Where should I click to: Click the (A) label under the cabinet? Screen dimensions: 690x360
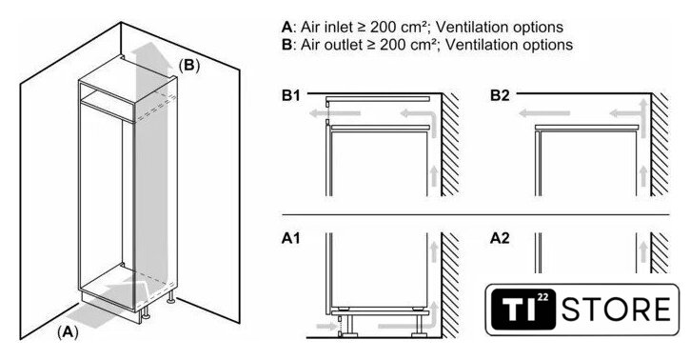coord(68,331)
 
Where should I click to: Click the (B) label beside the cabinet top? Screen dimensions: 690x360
coord(189,66)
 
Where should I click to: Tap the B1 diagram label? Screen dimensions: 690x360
coord(290,95)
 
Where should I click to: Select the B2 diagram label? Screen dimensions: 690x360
coord(500,95)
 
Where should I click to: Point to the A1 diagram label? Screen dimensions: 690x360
coord(290,238)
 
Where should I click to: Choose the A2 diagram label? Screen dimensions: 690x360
coord(500,238)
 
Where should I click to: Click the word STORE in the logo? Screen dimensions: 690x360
coord(616,310)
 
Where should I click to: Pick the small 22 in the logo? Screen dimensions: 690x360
coord(543,298)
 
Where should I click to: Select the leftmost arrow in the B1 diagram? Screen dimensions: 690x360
coord(334,113)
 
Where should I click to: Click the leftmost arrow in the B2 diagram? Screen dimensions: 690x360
coord(544,113)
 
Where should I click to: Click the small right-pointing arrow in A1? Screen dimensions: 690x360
coord(326,326)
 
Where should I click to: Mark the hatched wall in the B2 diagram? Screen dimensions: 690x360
coord(660,145)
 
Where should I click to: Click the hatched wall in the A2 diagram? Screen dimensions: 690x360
coord(660,253)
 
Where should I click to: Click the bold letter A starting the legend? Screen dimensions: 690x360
coord(286,28)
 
